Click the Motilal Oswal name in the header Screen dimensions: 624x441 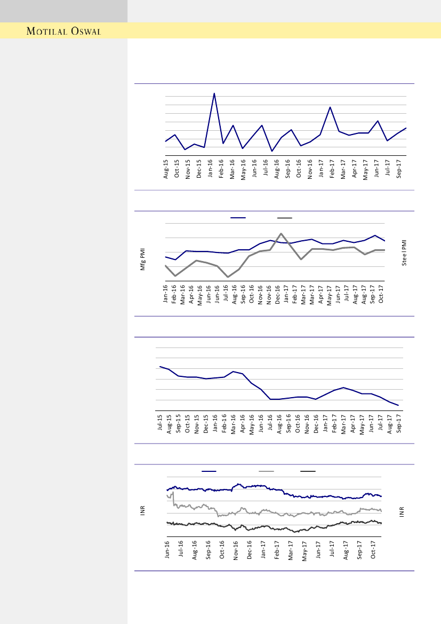tap(65, 31)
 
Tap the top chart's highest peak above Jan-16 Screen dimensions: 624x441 tap(214, 93)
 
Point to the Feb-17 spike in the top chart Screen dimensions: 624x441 tap(331, 107)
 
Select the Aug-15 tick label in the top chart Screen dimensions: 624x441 tap(166, 168)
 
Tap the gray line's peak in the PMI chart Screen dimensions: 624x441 tap(281, 233)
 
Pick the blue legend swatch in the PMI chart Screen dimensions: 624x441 tap(238, 218)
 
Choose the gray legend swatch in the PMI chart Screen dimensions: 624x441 tap(285, 218)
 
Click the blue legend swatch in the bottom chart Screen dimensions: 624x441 tap(209, 471)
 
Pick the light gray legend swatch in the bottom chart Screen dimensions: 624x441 tap(266, 471)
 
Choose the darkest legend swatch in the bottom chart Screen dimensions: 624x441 tap(308, 471)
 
